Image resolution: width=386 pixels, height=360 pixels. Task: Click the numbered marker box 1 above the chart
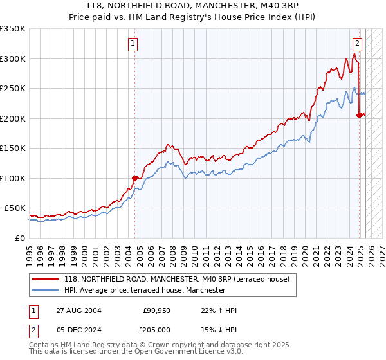(x=133, y=44)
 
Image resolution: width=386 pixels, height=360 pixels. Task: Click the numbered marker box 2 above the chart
(x=357, y=44)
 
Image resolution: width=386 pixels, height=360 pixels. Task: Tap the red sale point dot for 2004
(x=135, y=178)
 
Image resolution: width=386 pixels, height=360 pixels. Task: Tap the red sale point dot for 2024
(x=359, y=115)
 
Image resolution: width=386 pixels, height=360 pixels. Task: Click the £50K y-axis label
(x=15, y=208)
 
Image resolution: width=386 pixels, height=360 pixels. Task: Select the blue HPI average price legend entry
(x=144, y=291)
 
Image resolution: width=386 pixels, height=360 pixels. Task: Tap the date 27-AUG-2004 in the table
(x=78, y=310)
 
